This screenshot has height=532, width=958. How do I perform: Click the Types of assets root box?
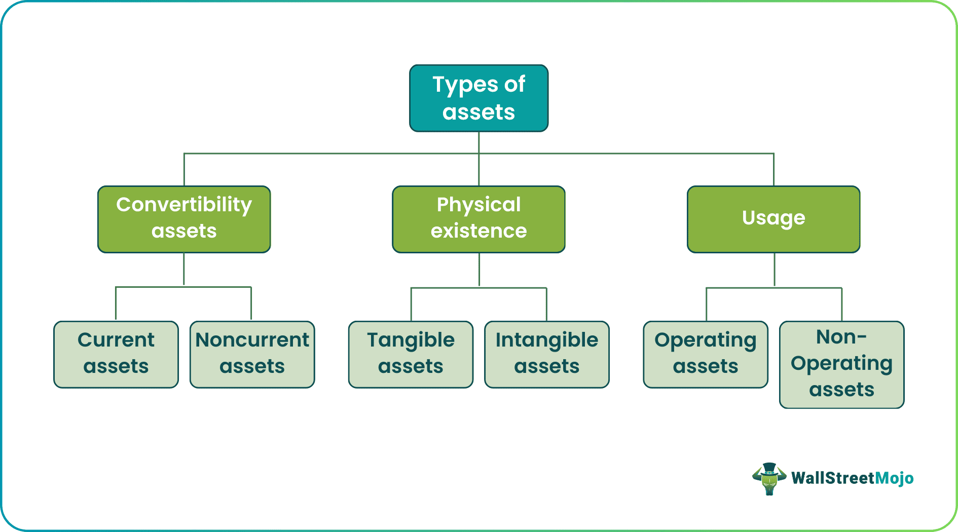coord(478,98)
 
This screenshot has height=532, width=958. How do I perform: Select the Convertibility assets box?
coord(184,219)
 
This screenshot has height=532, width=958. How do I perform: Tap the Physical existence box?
coord(478,219)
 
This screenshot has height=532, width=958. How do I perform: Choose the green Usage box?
coord(773,219)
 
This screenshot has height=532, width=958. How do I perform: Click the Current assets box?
coord(116,354)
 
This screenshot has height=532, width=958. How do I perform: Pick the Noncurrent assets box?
coord(252,354)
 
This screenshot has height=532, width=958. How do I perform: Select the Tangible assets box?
coord(411,354)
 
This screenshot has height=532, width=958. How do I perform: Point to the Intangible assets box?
coord(546,354)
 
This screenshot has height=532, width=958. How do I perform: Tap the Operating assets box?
coord(705,354)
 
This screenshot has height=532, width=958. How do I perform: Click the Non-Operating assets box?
coord(841,364)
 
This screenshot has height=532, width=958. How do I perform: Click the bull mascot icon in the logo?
coord(769,478)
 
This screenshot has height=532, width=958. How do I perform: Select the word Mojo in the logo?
coord(894,478)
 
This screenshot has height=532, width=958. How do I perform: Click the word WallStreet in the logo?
coord(833,478)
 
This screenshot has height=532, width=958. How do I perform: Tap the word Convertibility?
coord(184,205)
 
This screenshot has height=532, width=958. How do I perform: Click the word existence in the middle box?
coord(478,231)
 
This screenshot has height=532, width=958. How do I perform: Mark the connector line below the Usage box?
coord(774,270)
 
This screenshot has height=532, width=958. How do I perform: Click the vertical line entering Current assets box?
coord(116,304)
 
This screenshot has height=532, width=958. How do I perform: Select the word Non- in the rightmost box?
coord(841,337)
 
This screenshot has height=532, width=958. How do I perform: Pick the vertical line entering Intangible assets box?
coord(546,305)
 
